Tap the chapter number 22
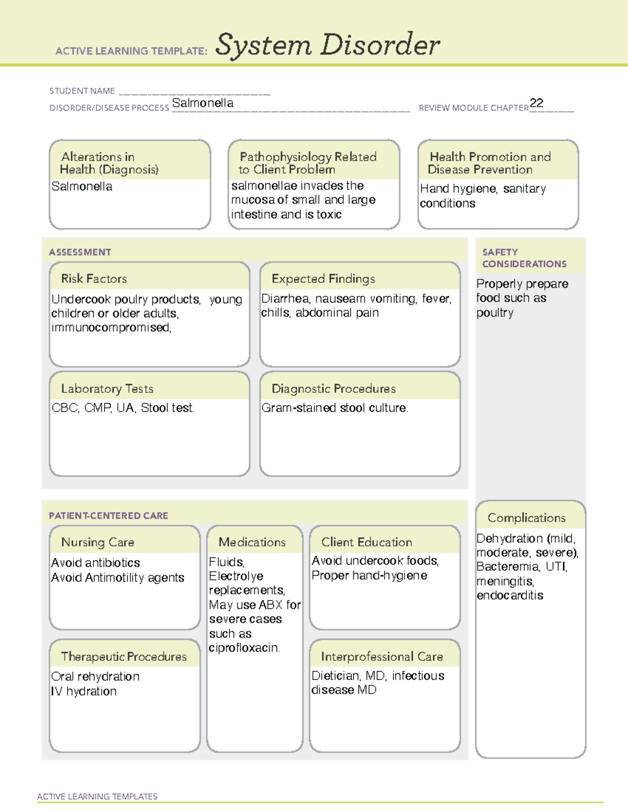click(536, 103)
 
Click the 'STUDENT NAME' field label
click(82, 91)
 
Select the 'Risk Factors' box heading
click(94, 279)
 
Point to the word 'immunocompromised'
click(110, 327)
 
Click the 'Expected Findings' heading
click(323, 279)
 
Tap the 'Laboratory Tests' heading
click(107, 388)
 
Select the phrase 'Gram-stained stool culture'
click(334, 408)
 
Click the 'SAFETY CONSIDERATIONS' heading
click(524, 258)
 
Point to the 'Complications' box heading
click(526, 518)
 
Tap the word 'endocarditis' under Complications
click(510, 596)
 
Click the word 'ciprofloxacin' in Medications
click(243, 648)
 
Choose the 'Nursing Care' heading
click(97, 542)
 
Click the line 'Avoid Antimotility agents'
click(118, 578)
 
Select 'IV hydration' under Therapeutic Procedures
click(84, 691)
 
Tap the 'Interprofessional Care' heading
click(382, 656)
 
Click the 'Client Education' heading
click(366, 542)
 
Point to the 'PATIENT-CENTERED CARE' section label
click(108, 516)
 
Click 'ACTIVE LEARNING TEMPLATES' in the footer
click(97, 796)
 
